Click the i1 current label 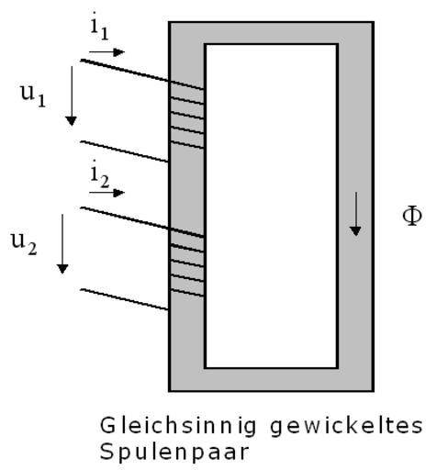click(x=100, y=27)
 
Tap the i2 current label click(x=100, y=174)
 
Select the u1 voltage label click(x=33, y=95)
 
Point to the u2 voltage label click(x=24, y=243)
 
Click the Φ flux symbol click(x=412, y=216)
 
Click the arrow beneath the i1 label click(x=106, y=52)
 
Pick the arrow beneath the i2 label click(x=106, y=193)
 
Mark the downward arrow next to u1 click(x=72, y=95)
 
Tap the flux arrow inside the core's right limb click(x=355, y=214)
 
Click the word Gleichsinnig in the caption click(x=178, y=426)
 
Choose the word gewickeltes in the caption click(x=346, y=426)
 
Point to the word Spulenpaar click(x=174, y=453)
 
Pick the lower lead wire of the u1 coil click(x=124, y=151)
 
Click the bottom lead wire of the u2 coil click(x=124, y=299)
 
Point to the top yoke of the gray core click(x=271, y=33)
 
